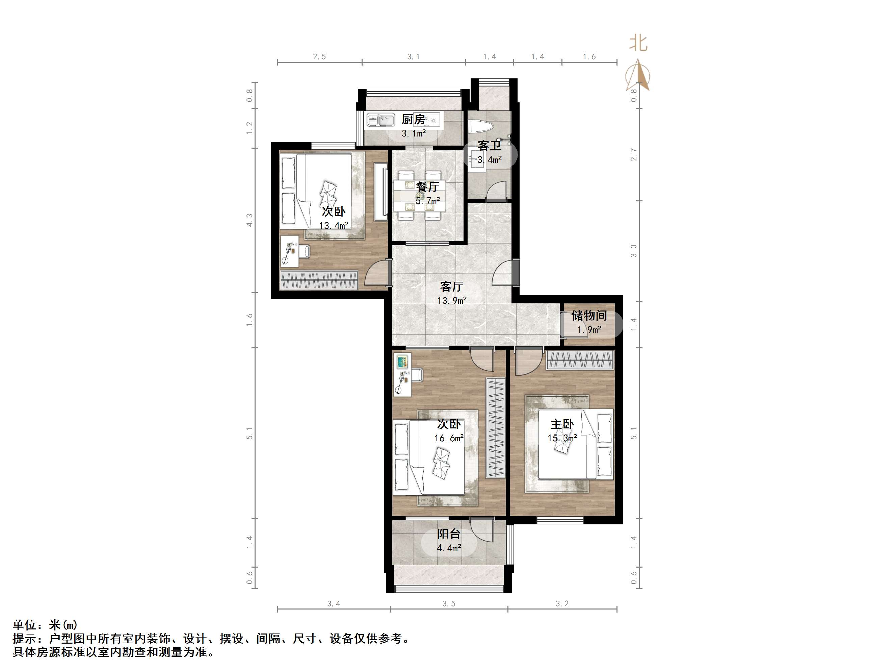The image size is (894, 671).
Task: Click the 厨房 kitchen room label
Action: point(414,120)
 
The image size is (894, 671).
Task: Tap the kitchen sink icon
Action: point(381,121)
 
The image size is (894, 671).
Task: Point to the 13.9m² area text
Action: point(452,300)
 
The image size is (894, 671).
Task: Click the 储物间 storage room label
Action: point(589,316)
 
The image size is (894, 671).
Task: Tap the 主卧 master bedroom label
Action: point(562,424)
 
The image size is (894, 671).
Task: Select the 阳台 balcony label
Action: point(449,534)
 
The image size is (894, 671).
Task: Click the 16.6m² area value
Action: point(449,438)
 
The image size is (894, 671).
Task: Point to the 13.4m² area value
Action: point(334,225)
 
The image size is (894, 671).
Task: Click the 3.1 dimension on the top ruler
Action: point(413,57)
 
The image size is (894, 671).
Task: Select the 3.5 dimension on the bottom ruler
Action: point(449,604)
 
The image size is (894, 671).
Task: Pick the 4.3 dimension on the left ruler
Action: point(250,220)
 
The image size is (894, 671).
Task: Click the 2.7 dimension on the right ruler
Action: point(634,154)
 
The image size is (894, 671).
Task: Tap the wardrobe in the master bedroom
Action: point(580,360)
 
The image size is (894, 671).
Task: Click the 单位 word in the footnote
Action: point(25,625)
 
